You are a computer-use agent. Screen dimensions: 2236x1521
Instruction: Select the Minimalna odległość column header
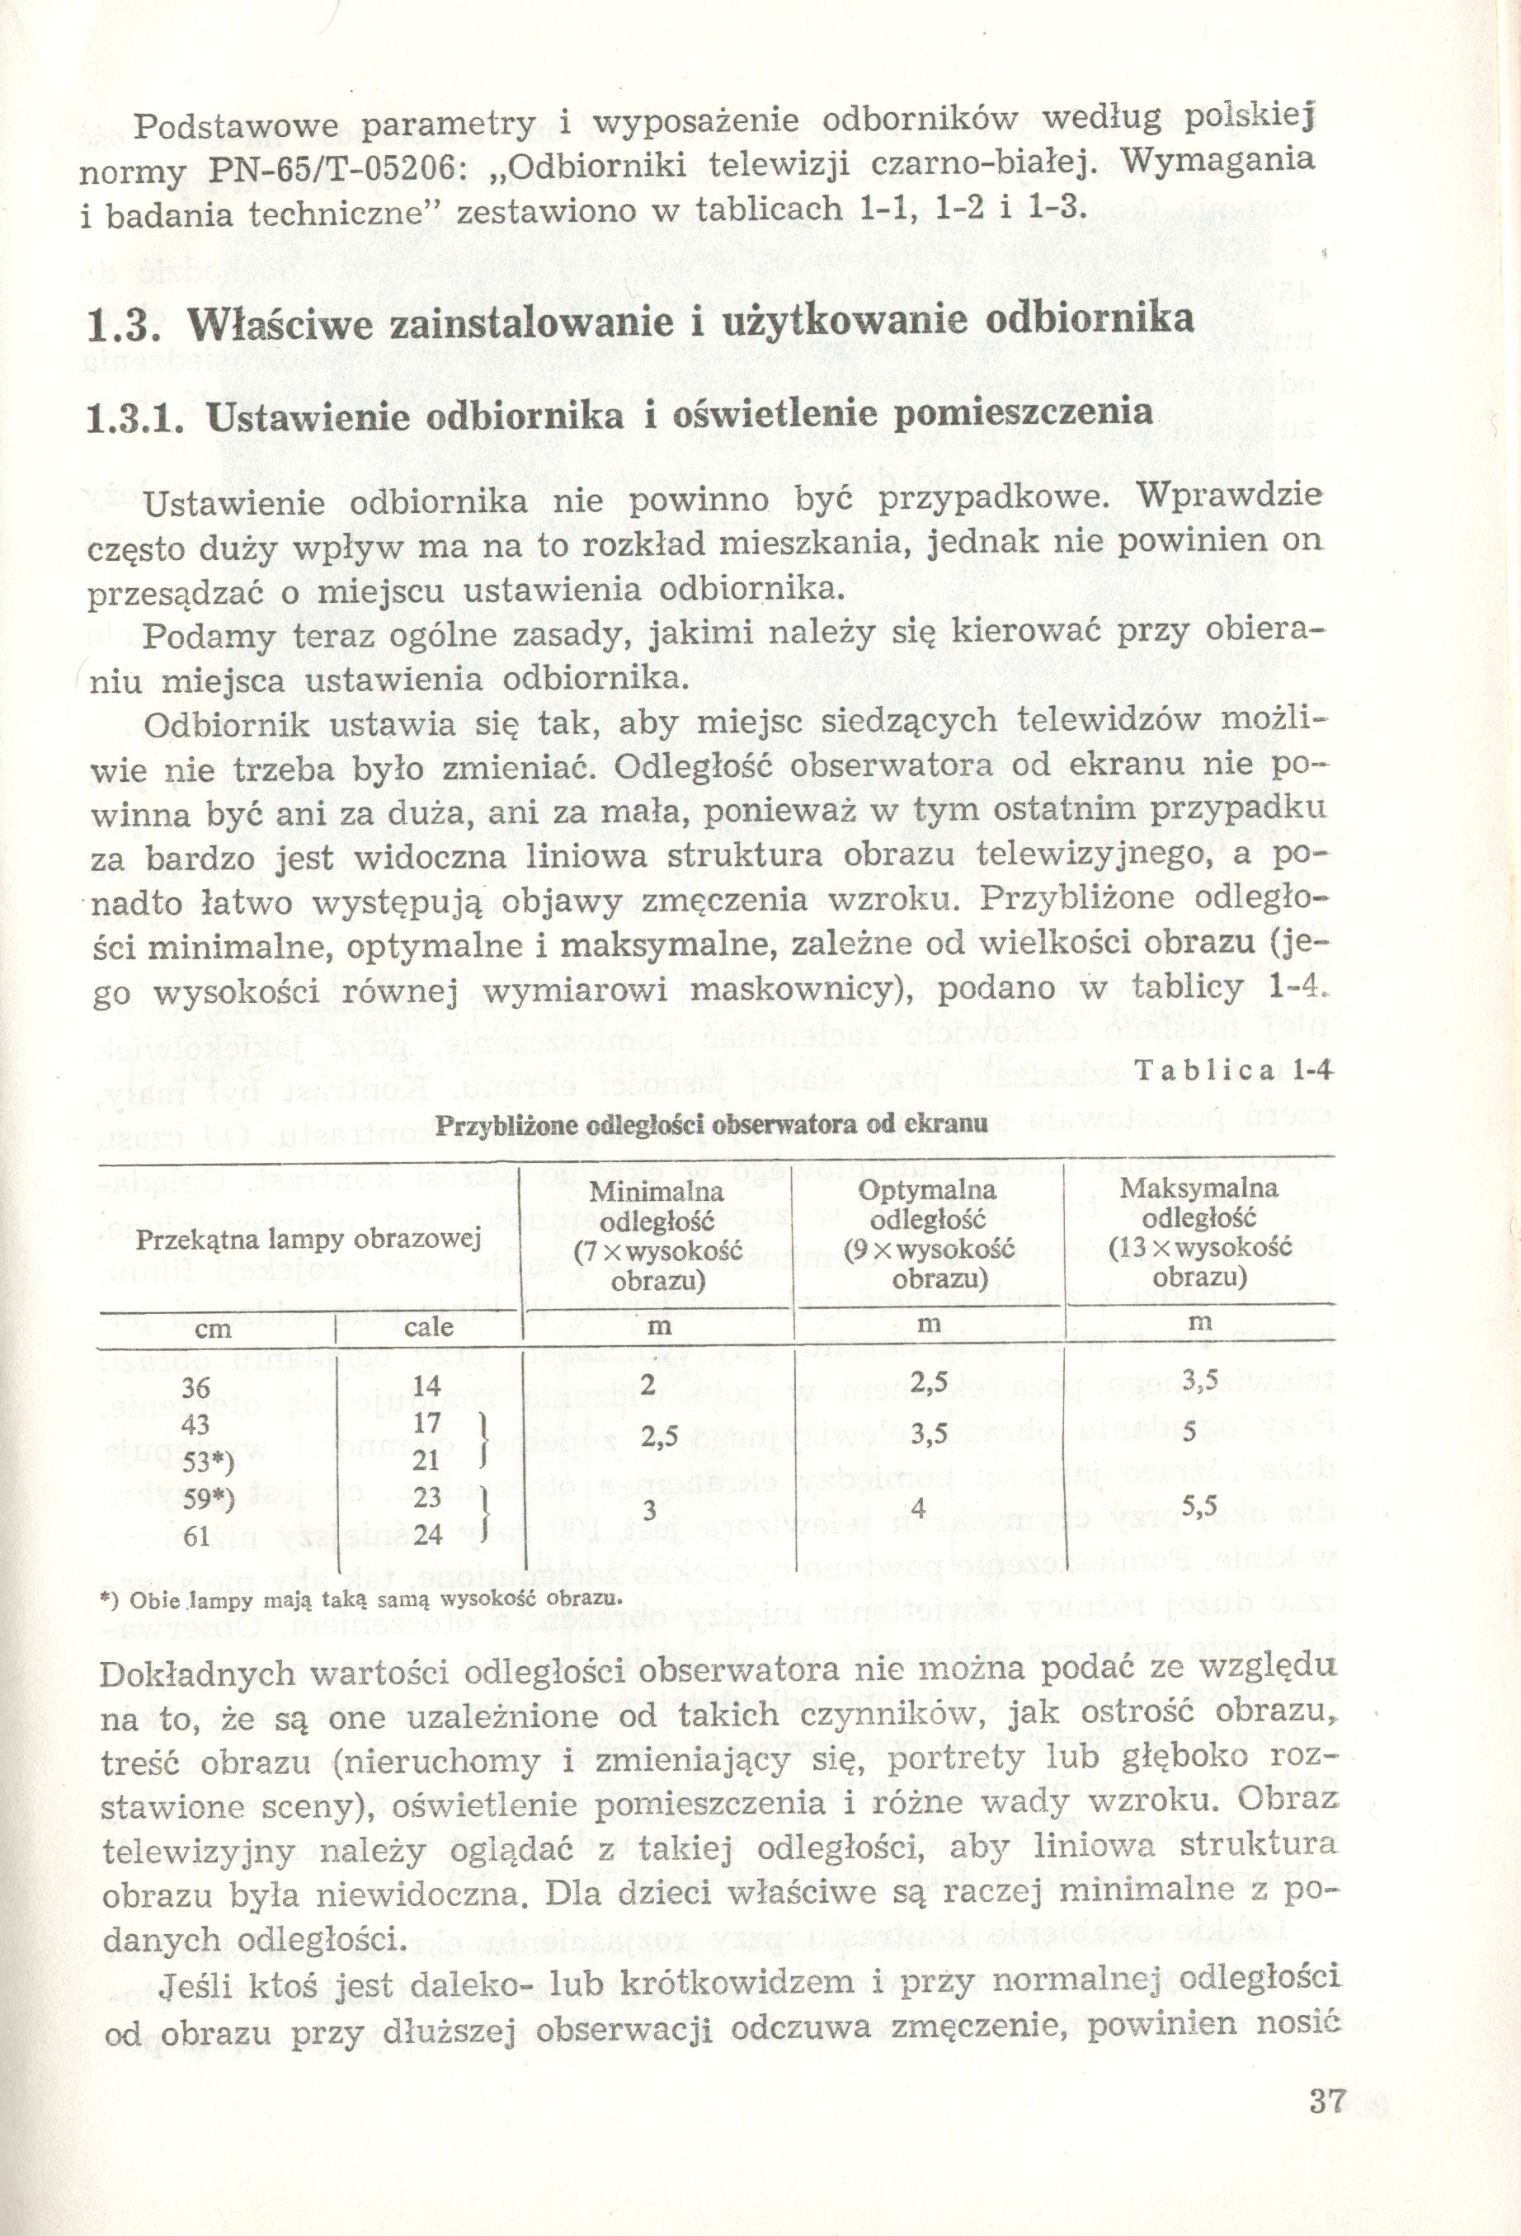(657, 1236)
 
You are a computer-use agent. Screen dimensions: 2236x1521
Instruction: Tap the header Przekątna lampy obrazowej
(308, 1239)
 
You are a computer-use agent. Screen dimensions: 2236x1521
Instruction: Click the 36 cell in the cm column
(195, 1386)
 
